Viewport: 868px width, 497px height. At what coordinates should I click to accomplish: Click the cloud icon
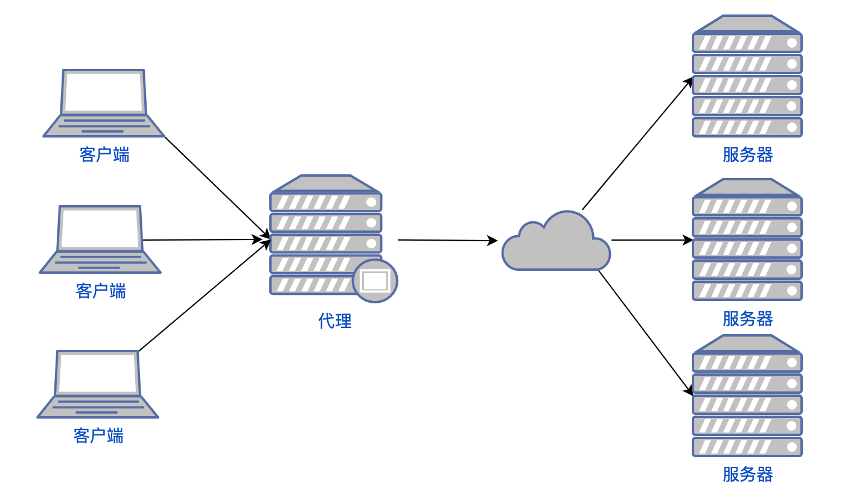point(556,244)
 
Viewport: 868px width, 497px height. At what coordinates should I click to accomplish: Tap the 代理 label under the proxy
point(335,321)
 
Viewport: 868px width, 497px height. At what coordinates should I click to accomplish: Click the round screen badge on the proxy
point(375,281)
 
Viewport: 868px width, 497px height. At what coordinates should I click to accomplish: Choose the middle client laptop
point(100,240)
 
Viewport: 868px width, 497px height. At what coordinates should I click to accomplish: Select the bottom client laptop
point(98,384)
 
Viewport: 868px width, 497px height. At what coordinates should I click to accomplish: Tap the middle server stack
point(747,239)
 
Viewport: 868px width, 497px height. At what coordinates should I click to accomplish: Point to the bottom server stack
point(747,396)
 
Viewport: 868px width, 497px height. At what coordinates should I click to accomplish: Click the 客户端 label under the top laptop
point(104,155)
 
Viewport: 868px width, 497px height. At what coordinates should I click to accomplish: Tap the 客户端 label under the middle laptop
point(101,291)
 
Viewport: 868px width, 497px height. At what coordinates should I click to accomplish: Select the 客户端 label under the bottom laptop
point(98,436)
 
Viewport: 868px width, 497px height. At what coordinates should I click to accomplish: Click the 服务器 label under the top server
point(748,155)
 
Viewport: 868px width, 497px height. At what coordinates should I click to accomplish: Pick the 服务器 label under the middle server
point(748,318)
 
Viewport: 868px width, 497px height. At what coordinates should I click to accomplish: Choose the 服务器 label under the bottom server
point(748,475)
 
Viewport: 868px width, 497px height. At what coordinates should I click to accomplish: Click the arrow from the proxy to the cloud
point(447,241)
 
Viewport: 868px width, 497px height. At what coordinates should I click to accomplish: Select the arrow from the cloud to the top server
point(637,144)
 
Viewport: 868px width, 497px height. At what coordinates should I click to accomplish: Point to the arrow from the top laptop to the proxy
point(216,186)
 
